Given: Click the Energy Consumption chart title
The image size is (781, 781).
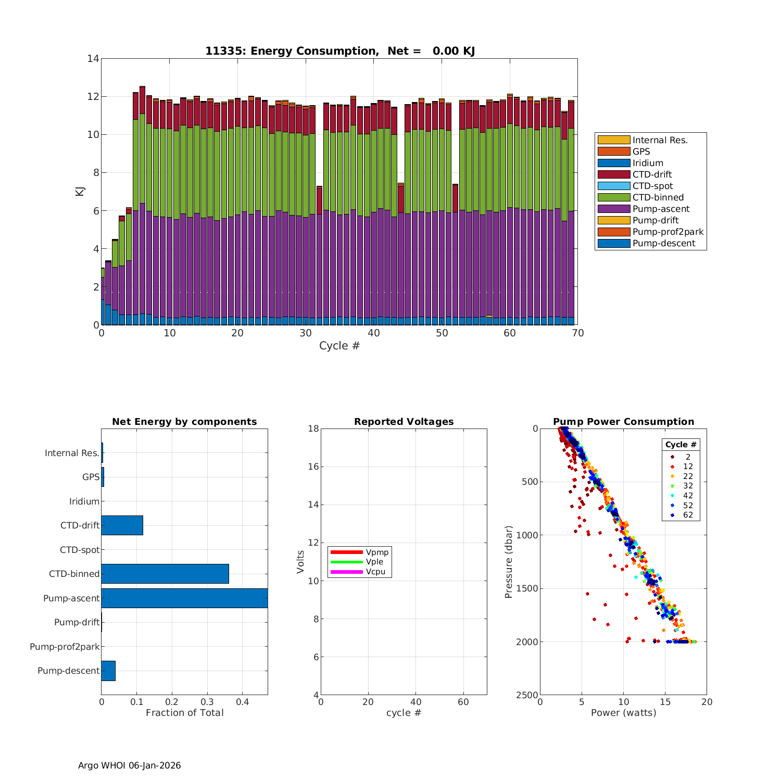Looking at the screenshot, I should [339, 51].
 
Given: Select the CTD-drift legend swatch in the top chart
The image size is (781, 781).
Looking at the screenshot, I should [613, 174].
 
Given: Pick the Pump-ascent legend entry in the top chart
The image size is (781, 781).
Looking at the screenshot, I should [661, 209].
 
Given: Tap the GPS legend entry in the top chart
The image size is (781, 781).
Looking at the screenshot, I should [641, 152].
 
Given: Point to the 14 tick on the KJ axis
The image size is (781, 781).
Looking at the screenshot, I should [93, 58].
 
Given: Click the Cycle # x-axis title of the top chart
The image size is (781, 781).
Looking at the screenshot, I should [339, 346].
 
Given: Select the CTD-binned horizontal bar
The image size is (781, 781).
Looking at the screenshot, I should [165, 574].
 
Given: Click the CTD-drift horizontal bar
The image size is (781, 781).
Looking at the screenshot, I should [122, 525].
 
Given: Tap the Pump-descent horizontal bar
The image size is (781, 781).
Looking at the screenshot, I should [108, 671].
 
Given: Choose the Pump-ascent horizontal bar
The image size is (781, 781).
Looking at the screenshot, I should [184, 598].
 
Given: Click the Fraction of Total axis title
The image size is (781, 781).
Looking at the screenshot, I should [184, 713].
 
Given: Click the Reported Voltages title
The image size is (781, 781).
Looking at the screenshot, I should [404, 422].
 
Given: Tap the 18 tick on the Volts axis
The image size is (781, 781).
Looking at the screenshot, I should [313, 429].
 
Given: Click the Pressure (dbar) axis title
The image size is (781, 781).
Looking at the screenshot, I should [509, 561].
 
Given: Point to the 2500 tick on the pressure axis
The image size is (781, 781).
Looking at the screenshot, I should [527, 695].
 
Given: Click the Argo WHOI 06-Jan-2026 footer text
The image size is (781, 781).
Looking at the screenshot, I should [129, 765].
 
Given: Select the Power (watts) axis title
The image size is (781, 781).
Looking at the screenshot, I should [623, 713].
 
